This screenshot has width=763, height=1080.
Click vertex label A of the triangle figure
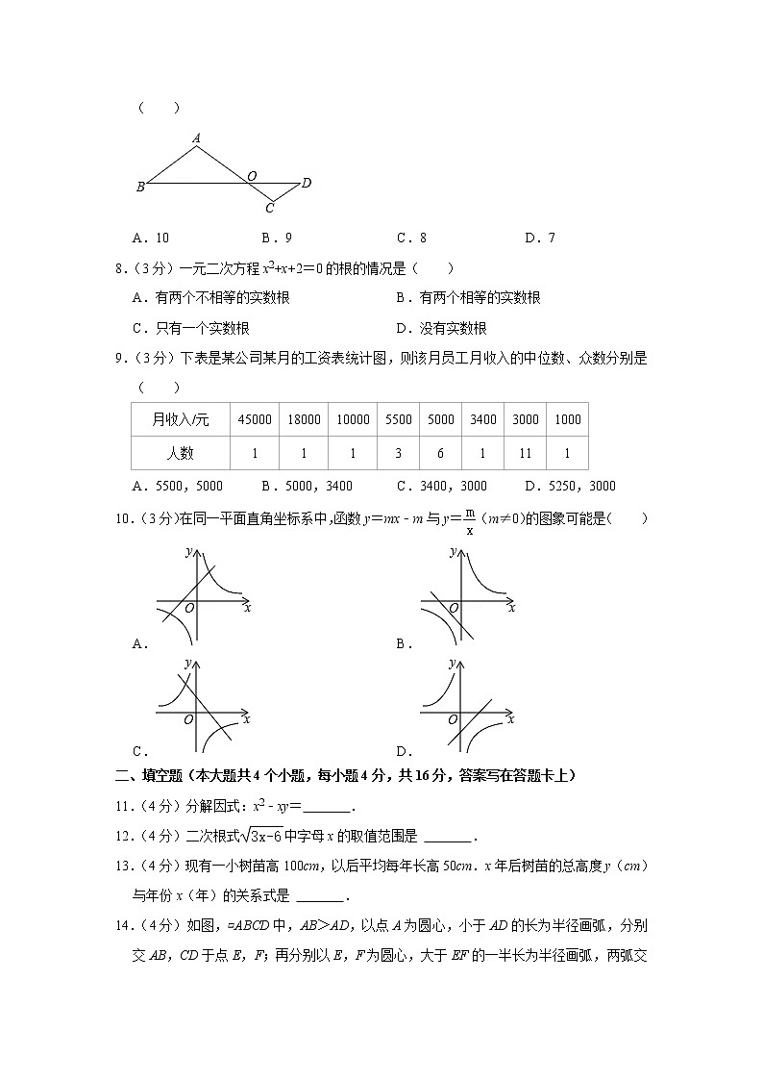196,138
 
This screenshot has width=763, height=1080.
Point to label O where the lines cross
251,175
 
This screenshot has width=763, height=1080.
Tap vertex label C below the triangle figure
270,208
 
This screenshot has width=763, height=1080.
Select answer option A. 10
150,238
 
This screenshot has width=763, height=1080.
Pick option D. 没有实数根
441,328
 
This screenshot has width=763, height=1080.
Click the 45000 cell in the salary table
254,419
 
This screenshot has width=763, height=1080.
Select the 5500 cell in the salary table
398,419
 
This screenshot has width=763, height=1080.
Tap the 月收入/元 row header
180,419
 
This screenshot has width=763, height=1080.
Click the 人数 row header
180,453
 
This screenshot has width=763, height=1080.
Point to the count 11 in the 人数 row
525,453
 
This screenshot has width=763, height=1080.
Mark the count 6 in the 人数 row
441,453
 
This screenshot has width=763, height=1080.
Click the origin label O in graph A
188,608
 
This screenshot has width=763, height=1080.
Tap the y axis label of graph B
452,551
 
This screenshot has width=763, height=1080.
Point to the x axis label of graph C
247,717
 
